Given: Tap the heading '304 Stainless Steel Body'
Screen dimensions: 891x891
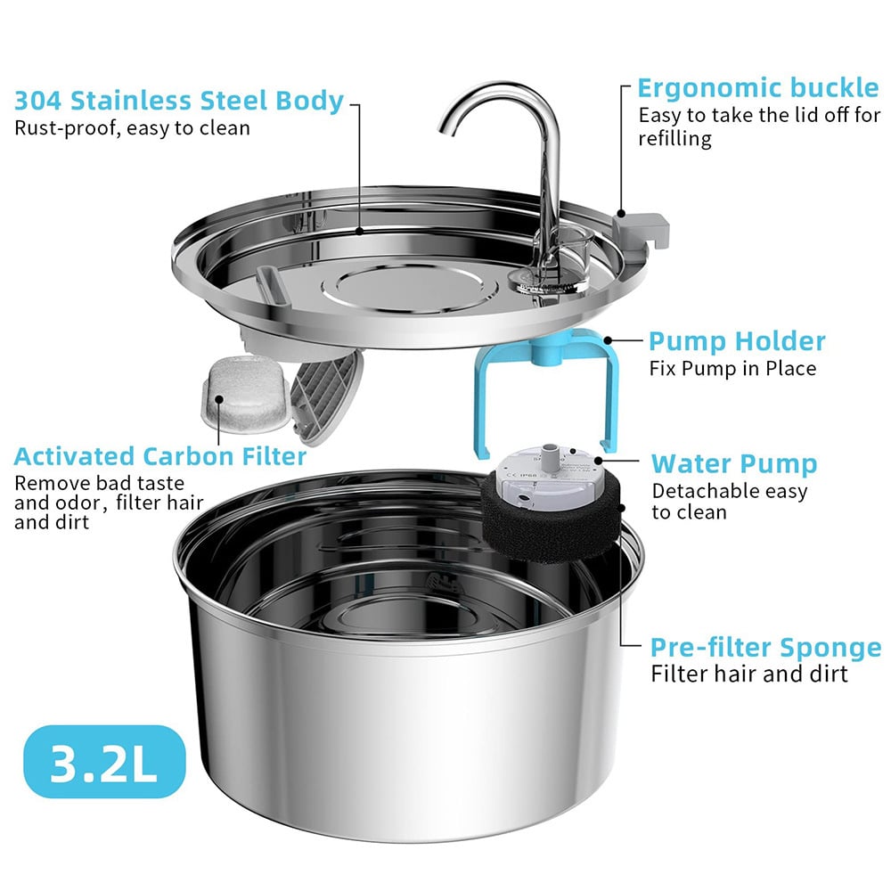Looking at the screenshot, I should coord(178,101).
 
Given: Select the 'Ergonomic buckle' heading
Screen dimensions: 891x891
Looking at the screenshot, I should coord(757,88).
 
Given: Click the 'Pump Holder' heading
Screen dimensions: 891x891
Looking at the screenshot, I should coord(736,341).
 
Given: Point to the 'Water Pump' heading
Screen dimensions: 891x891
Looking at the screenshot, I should coord(733,463).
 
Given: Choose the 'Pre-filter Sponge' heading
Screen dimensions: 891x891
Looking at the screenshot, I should coord(765,647).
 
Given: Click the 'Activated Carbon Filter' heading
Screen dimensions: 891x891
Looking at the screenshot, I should coord(160,457).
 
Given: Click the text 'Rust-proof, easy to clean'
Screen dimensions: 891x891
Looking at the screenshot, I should coord(132,128).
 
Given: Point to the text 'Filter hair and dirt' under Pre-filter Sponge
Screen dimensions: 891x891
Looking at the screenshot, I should coord(748,674).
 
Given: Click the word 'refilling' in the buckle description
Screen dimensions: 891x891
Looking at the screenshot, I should coord(674,140).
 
